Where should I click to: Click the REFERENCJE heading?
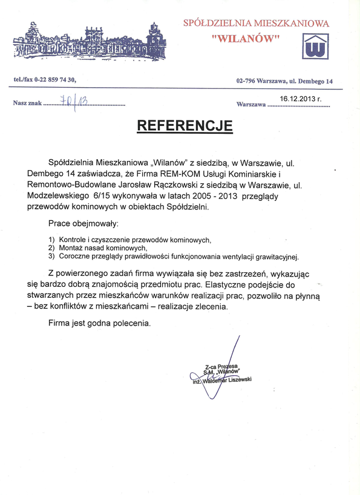point(185,126)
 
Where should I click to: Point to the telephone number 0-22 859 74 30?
point(56,80)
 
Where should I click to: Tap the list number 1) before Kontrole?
point(51,240)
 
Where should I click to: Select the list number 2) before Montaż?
point(51,247)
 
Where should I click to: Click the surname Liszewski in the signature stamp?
point(237,379)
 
